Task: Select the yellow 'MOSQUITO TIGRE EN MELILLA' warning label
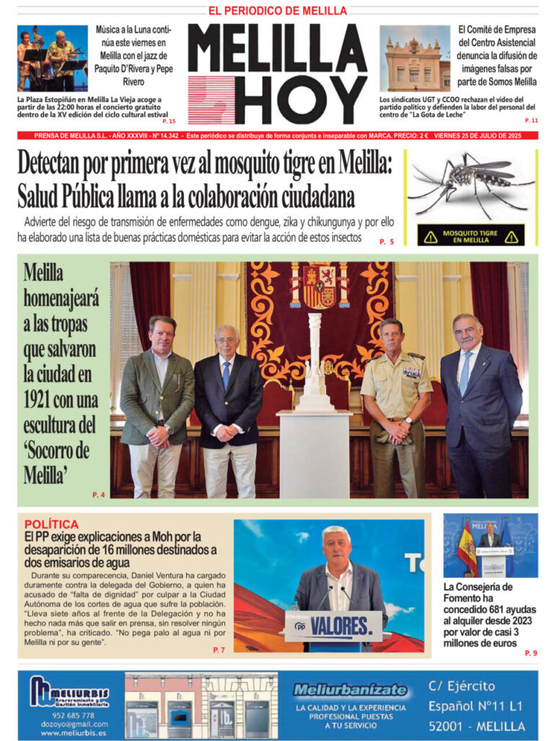(x=471, y=235)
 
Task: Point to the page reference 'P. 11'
(x=532, y=120)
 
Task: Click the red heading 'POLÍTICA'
(x=51, y=524)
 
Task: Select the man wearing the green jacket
(x=157, y=404)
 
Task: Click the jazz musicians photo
(x=53, y=58)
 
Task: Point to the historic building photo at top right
(x=415, y=59)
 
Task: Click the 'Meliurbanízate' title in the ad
(x=350, y=690)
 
